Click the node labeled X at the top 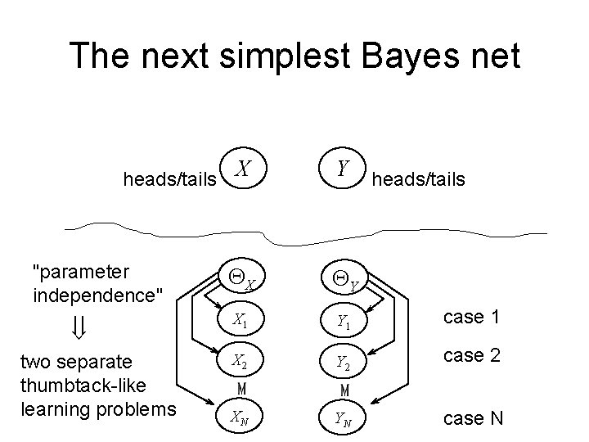point(242,171)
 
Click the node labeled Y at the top point(344,170)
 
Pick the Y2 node point(344,361)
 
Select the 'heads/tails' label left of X point(169,178)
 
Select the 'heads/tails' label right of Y point(419,178)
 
